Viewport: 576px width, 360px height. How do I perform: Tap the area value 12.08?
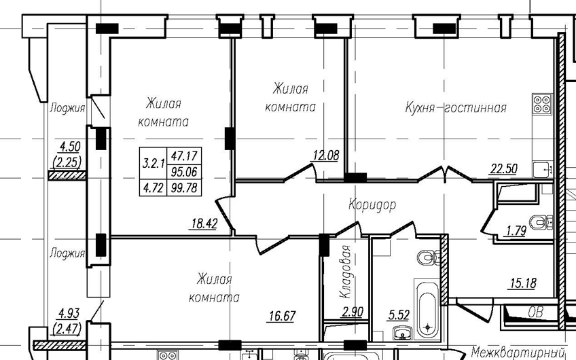coord(325,156)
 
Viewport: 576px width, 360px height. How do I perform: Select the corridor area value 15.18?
coord(522,283)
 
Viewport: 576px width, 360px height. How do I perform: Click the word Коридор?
coord(372,204)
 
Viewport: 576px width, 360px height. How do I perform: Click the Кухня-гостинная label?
coord(455,107)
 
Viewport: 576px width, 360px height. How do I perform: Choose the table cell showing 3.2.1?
coord(154,164)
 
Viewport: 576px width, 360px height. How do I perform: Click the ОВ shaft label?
coord(535,312)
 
